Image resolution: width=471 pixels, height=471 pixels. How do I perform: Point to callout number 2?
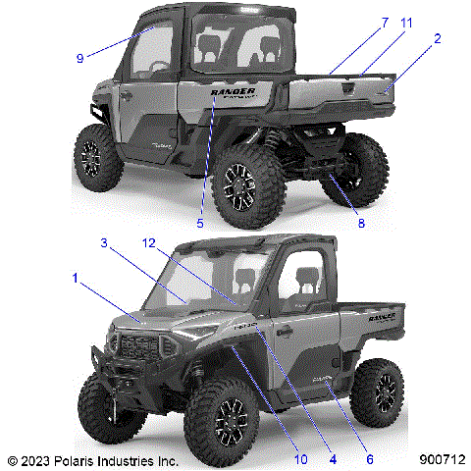(x=437, y=39)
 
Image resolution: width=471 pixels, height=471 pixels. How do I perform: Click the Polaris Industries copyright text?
(x=92, y=459)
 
